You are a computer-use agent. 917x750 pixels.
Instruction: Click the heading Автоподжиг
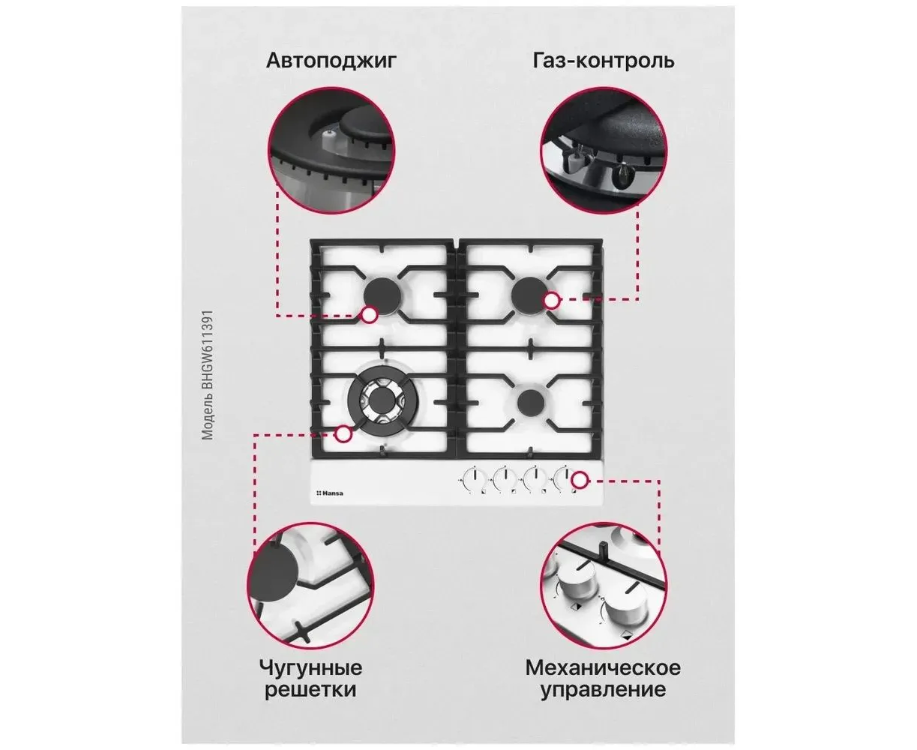(331, 61)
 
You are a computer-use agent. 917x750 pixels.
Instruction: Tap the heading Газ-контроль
(604, 61)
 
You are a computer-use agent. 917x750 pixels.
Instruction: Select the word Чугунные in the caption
(310, 667)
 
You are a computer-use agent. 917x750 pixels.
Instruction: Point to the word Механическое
(603, 667)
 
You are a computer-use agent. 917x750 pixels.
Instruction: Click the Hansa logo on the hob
(330, 493)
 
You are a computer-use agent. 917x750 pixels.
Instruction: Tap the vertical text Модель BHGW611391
(208, 375)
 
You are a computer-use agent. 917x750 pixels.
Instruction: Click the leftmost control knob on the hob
(474, 479)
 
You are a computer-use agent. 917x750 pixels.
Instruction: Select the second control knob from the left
(505, 479)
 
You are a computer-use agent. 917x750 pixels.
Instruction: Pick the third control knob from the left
(535, 479)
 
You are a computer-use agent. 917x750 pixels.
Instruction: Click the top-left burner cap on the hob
(380, 295)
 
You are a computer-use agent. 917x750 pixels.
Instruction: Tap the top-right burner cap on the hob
(529, 292)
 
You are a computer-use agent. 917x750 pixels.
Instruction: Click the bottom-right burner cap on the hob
(531, 401)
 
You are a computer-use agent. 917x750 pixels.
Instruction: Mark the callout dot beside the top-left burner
(369, 315)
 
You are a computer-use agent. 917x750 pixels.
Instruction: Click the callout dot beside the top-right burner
(552, 300)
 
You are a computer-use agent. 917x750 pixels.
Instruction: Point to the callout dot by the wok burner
(343, 433)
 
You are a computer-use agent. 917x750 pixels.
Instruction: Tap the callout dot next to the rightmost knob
(580, 480)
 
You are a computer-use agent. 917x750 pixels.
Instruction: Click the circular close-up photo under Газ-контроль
(604, 150)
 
